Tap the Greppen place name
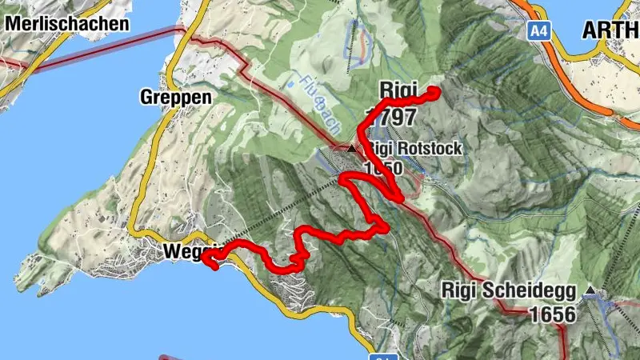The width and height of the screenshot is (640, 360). [176, 98]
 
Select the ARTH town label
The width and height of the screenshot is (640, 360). [610, 30]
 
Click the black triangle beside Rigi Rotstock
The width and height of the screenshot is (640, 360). [350, 148]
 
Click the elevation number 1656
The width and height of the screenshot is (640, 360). [551, 314]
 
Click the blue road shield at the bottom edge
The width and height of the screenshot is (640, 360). [386, 357]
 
